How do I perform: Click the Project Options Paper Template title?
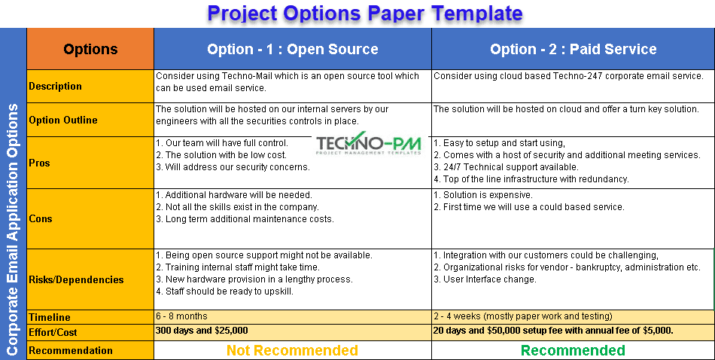click(x=365, y=14)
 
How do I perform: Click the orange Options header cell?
click(x=90, y=49)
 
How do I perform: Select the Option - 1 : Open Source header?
click(x=293, y=49)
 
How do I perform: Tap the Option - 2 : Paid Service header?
click(x=574, y=49)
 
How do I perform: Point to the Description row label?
click(x=55, y=87)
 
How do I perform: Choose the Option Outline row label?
click(x=63, y=120)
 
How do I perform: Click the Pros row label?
click(x=39, y=163)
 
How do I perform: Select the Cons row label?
click(x=40, y=218)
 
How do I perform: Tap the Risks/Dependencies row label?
click(x=76, y=279)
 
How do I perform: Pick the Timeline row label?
click(x=49, y=317)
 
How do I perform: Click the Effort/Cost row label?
click(x=53, y=332)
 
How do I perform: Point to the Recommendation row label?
click(x=71, y=350)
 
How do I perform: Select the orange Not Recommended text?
click(x=292, y=350)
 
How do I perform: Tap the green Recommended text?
click(x=573, y=350)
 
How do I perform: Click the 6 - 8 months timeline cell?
click(x=181, y=316)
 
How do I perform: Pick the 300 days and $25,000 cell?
click(x=202, y=331)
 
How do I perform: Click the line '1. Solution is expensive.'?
click(x=483, y=195)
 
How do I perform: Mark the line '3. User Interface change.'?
click(x=485, y=279)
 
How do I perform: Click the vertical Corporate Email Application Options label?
click(x=12, y=230)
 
